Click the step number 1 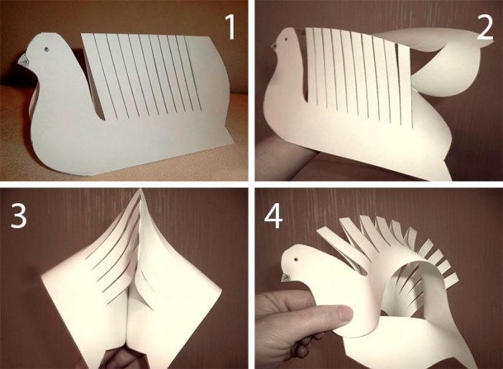pos(230,27)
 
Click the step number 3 pos(18,215)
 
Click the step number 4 pos(273,216)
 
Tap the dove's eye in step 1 pos(47,50)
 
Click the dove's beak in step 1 pos(24,60)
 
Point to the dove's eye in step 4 pos(296,259)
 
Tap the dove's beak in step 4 pos(285,277)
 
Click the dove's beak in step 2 pos(273,46)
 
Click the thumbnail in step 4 pos(344,314)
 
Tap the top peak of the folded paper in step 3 pos(140,190)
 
